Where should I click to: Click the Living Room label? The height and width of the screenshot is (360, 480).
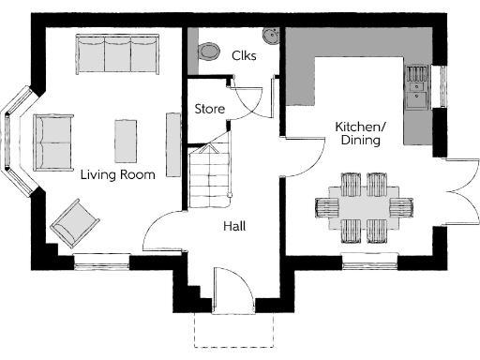[116, 173]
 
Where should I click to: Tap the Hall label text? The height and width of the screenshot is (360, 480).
[234, 226]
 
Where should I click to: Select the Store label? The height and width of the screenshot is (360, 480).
[210, 109]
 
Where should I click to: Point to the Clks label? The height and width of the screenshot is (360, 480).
[244, 55]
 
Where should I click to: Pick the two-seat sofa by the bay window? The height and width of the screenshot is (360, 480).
[54, 142]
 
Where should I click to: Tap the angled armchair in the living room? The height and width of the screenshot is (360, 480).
[74, 223]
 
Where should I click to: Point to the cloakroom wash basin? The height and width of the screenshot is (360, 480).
[273, 36]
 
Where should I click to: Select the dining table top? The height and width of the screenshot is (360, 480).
[364, 205]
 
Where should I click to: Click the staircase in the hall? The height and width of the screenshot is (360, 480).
[210, 174]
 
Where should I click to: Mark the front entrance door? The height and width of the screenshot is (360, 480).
[230, 290]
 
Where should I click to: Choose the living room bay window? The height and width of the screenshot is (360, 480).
[19, 142]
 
